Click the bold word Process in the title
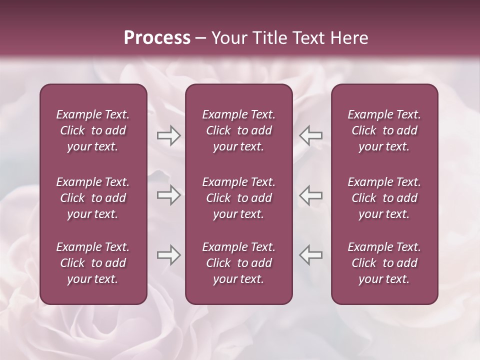[157, 38]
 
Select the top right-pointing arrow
[168, 135]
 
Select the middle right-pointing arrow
[168, 195]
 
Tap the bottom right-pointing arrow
[168, 255]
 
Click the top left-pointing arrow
[311, 135]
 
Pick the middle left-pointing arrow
[311, 195]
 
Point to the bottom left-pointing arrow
[311, 255]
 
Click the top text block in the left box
[93, 130]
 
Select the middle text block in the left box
[93, 198]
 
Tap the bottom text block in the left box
[93, 263]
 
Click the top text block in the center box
[238, 130]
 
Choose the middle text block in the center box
[238, 198]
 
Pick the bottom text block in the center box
[238, 263]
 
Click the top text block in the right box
[384, 130]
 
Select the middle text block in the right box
[384, 198]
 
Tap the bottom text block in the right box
[384, 263]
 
